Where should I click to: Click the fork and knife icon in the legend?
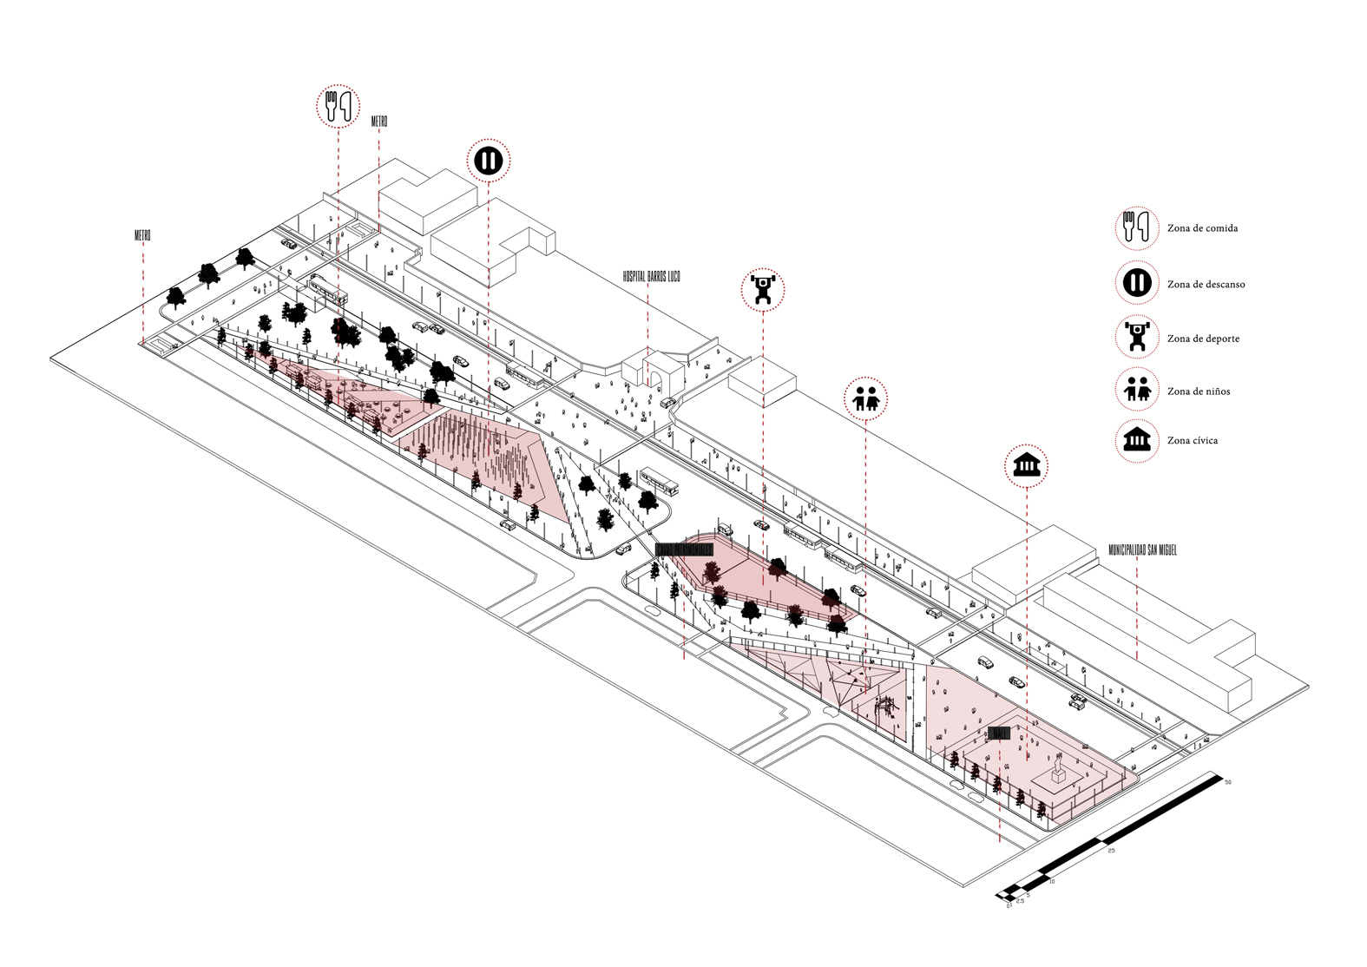tap(1136, 227)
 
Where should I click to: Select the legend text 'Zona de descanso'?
tap(1206, 284)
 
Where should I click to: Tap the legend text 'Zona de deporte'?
tap(1203, 339)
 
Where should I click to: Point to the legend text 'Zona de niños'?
tap(1198, 391)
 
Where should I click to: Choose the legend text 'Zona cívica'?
tap(1192, 441)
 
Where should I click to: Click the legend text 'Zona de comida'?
tap(1202, 228)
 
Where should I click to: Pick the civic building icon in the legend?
tap(1136, 440)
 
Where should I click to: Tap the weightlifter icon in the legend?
tap(1136, 337)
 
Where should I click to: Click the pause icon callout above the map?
tap(489, 161)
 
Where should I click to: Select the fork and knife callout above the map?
tap(337, 106)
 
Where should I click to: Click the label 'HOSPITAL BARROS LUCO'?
tap(651, 276)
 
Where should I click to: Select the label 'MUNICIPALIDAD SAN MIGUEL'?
tap(1142, 550)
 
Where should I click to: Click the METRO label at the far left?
tap(142, 235)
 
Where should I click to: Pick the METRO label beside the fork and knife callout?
tap(378, 121)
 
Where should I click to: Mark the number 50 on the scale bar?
tap(1227, 782)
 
